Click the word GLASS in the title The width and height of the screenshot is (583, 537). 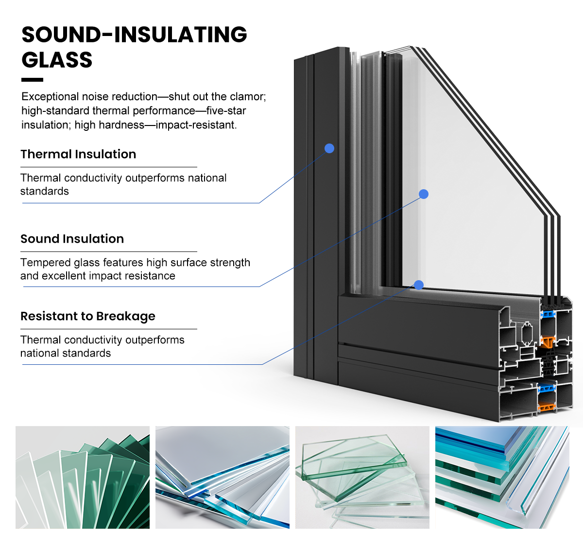tap(57, 60)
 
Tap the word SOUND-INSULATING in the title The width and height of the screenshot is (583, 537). tap(134, 35)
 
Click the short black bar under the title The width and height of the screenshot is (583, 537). tap(32, 80)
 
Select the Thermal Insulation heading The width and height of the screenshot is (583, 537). tap(78, 154)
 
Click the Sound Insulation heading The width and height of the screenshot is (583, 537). tap(72, 239)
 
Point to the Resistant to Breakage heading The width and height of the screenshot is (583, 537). tap(88, 316)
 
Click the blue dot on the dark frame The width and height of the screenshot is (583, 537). tap(329, 148)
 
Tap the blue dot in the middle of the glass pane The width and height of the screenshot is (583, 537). tap(424, 194)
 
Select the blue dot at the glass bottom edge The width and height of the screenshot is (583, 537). tap(418, 285)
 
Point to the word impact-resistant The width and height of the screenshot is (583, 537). tap(196, 125)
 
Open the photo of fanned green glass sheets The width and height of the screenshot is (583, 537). tap(83, 477)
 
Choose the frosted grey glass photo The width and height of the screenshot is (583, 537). tap(223, 477)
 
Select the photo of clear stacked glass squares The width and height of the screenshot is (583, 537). tap(362, 477)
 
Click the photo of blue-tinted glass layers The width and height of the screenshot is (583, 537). tap(502, 477)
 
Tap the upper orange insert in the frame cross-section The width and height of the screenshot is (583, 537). tap(548, 341)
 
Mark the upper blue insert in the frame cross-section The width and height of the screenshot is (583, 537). tap(548, 314)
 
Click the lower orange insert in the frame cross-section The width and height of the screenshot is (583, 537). tap(547, 407)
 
